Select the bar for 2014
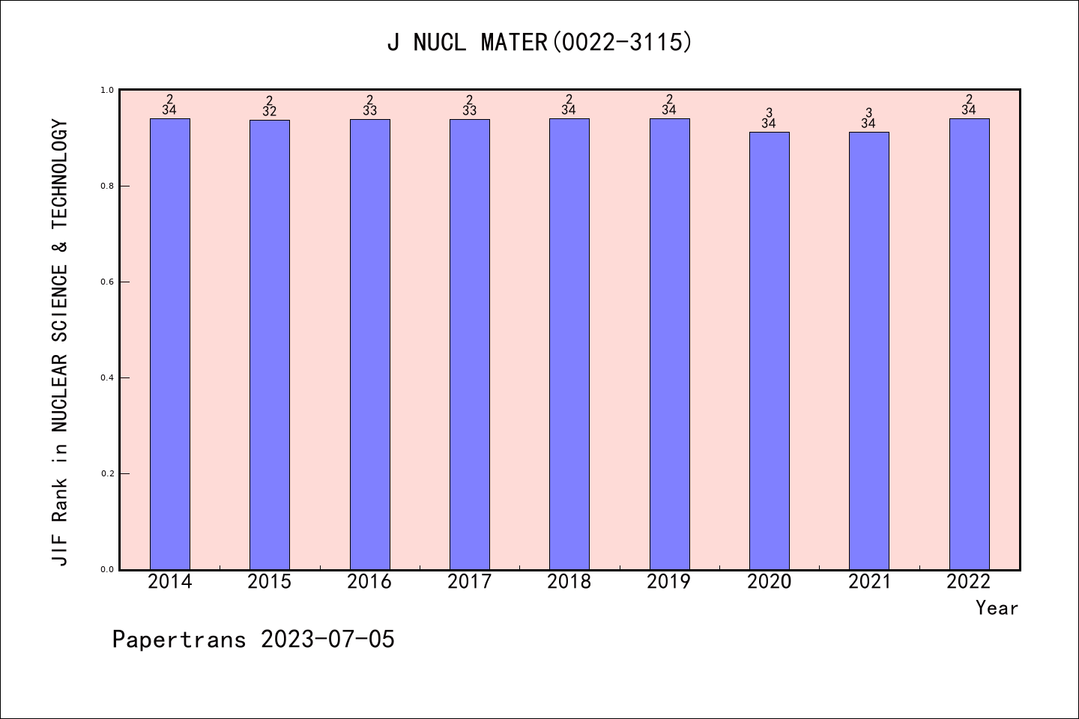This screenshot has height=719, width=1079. [170, 345]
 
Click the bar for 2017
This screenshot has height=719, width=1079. [470, 345]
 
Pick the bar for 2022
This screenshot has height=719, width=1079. [969, 345]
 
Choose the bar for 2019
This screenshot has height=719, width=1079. [669, 345]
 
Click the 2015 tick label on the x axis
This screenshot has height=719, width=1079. [270, 582]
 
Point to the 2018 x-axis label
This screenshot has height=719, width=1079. [569, 582]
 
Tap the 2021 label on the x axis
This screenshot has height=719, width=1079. [869, 582]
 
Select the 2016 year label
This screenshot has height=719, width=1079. [369, 582]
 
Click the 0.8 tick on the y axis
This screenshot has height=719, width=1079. [106, 186]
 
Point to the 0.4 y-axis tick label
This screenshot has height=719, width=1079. [106, 378]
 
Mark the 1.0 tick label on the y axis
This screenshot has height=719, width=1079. [106, 91]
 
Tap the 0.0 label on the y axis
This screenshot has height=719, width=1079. [106, 570]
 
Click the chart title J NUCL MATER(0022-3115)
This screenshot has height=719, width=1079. [539, 43]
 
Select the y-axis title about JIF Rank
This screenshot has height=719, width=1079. [60, 342]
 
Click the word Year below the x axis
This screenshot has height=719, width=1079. [997, 608]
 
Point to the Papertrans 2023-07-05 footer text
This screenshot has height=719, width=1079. [253, 640]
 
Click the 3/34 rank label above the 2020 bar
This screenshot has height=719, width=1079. [769, 118]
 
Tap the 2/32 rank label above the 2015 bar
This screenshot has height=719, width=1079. [270, 106]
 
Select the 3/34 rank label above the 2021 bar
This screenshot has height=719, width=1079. [868, 118]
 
